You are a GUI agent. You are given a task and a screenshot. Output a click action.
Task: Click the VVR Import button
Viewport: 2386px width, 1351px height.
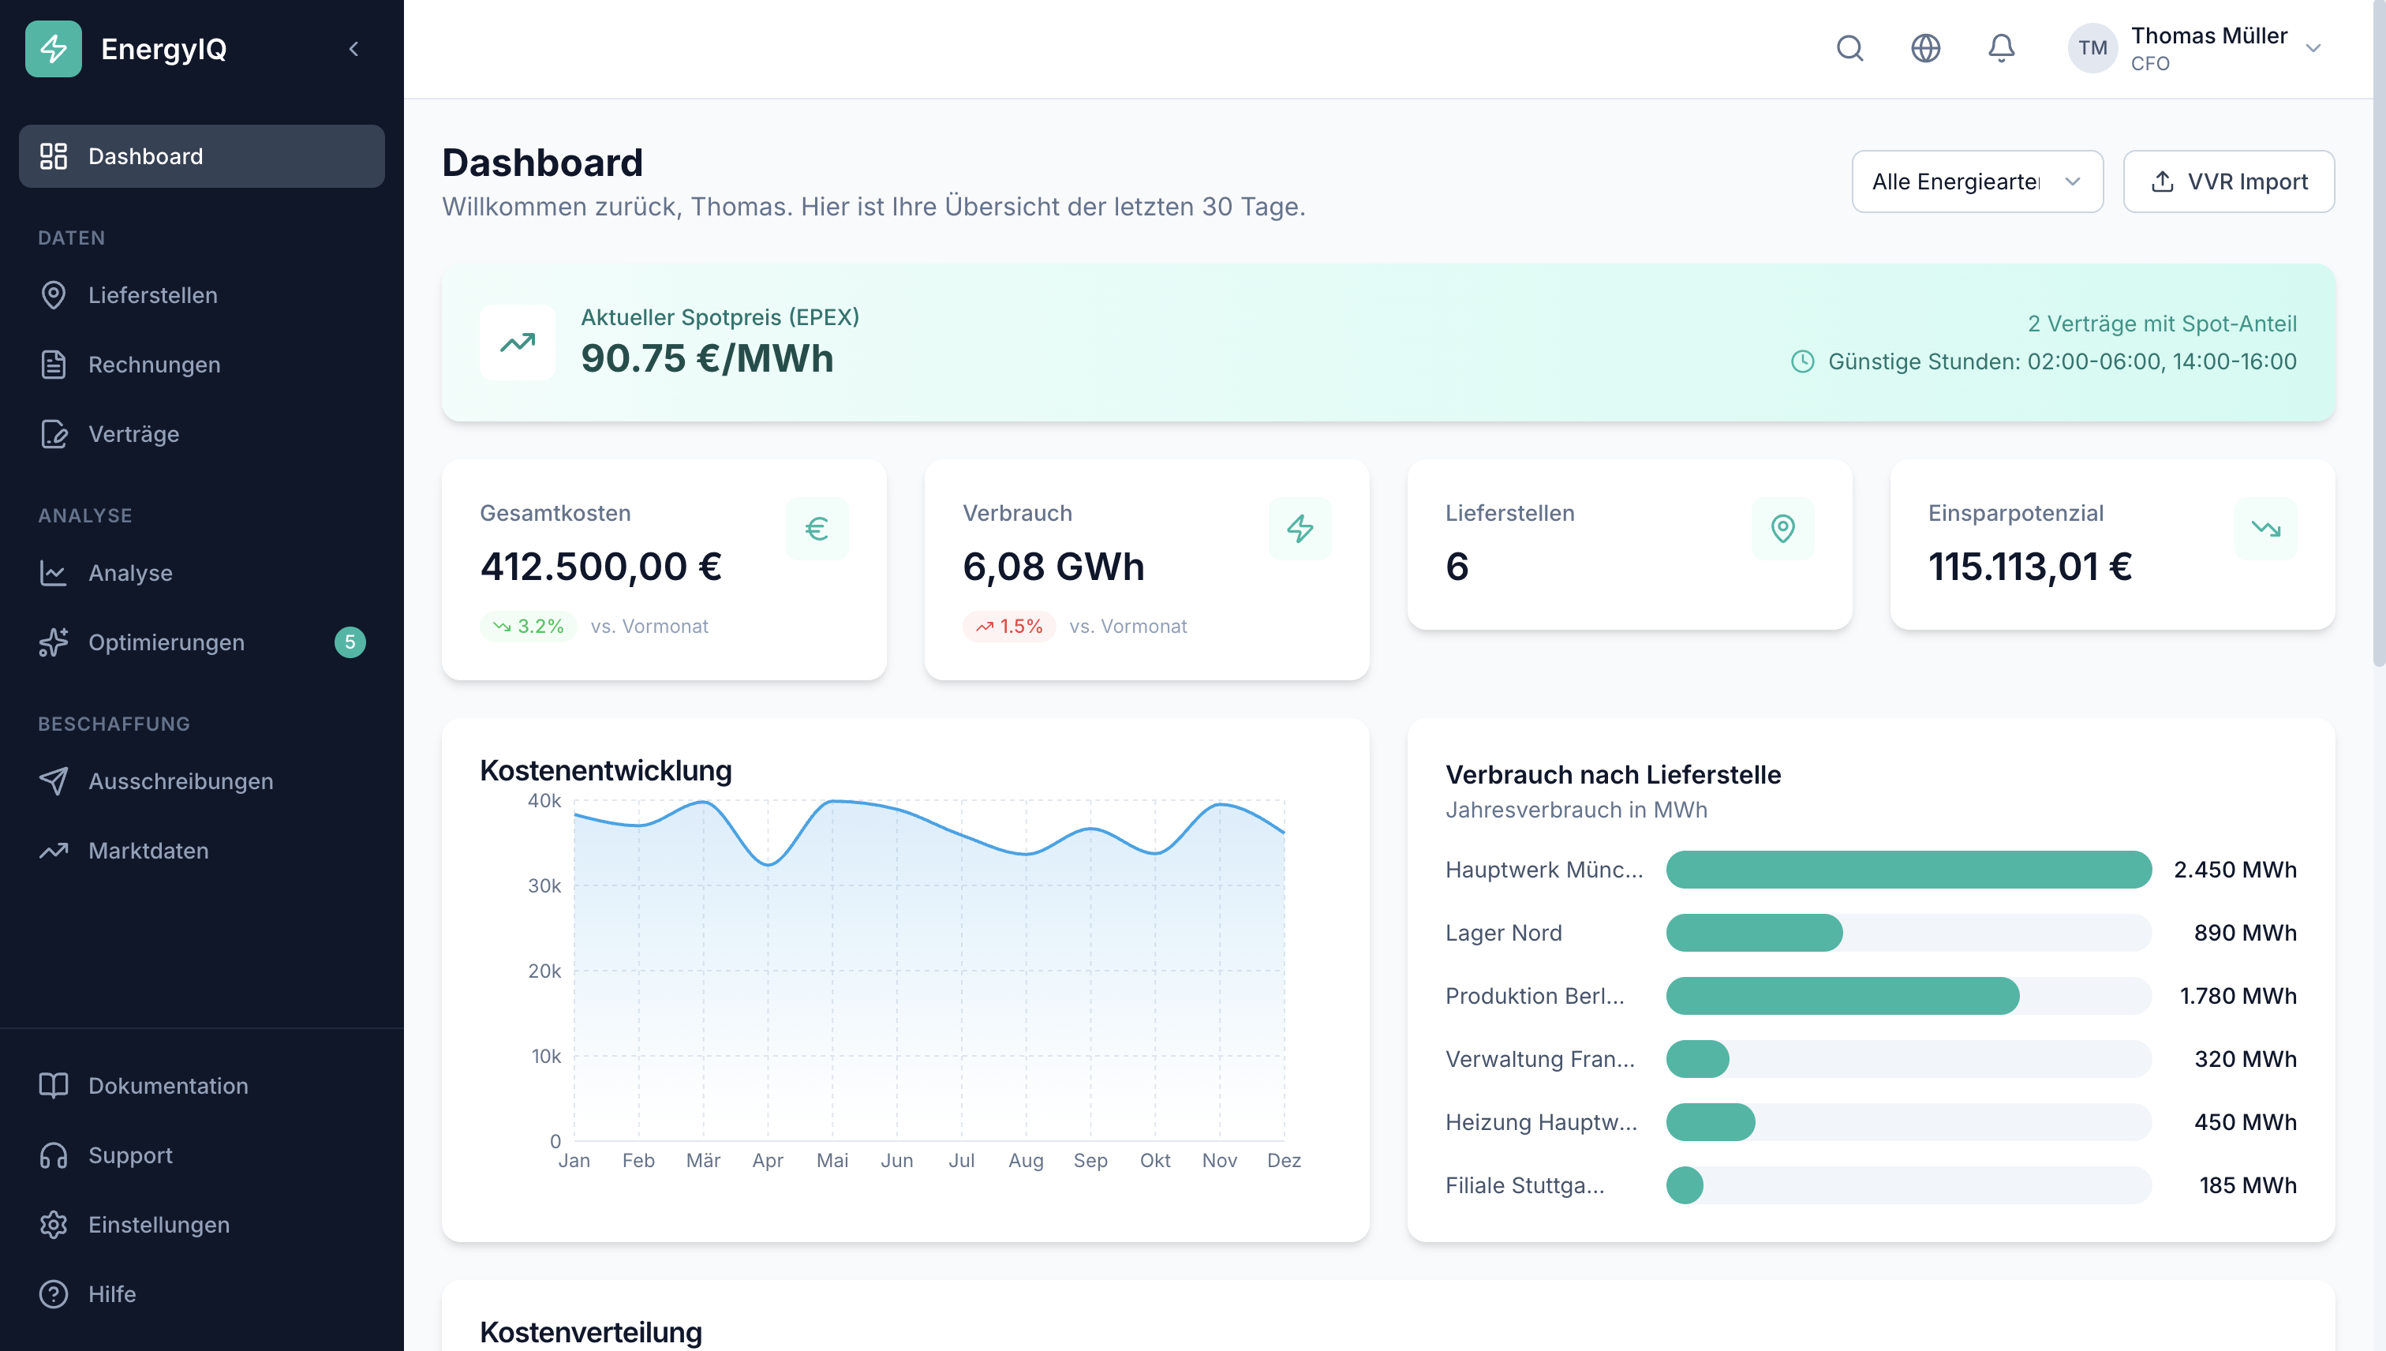point(2228,182)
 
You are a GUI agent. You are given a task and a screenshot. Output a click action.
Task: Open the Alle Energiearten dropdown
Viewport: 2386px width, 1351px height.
point(1976,182)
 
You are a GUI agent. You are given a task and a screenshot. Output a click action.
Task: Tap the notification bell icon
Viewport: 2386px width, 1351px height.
point(2001,48)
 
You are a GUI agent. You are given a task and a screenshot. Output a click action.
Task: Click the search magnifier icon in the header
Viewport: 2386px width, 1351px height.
point(1849,48)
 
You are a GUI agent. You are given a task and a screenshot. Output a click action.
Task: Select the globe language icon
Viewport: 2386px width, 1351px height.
point(1926,48)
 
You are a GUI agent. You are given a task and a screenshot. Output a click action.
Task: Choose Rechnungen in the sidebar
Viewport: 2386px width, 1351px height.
point(154,365)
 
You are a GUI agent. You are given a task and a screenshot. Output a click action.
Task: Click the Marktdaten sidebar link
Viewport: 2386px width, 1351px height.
point(148,851)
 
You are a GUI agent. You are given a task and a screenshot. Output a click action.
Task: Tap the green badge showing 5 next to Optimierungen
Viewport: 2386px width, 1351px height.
point(350,642)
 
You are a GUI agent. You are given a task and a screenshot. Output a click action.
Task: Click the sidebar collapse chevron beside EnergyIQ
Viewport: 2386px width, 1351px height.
point(353,49)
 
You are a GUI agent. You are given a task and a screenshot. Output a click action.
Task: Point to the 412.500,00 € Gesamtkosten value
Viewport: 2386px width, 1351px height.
point(601,566)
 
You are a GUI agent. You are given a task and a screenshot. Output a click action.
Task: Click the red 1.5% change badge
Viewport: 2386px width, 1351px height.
point(1008,627)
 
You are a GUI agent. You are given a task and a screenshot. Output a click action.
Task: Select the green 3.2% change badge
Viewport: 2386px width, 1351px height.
point(528,627)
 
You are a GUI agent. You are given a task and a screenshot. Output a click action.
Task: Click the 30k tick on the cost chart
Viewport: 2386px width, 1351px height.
point(544,886)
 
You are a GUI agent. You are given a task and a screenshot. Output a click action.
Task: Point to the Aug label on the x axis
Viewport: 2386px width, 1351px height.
point(1026,1161)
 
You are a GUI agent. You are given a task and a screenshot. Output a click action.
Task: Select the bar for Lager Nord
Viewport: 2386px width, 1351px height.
point(1754,933)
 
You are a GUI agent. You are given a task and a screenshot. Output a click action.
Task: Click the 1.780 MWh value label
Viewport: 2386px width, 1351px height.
point(2238,996)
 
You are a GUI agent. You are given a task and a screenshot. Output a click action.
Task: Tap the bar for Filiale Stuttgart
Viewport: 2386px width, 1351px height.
point(1685,1185)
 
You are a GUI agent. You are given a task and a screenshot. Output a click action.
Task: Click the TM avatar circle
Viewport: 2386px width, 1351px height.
point(2092,48)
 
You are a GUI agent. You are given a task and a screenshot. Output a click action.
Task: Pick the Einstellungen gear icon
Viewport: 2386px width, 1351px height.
point(54,1225)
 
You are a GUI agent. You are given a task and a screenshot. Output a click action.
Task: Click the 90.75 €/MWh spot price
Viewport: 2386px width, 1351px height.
point(707,359)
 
